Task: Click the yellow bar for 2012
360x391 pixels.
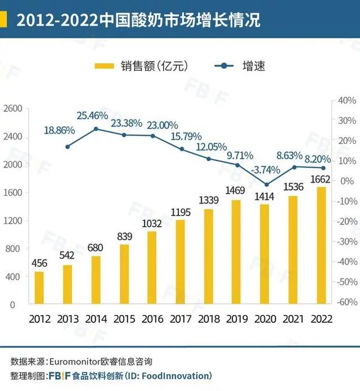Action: click(39, 287)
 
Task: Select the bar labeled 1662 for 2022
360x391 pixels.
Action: click(321, 245)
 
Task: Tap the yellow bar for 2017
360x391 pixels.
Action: click(179, 262)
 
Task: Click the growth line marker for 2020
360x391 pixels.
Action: click(267, 185)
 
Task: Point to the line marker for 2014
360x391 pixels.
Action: click(96, 129)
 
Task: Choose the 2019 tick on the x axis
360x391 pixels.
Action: click(237, 318)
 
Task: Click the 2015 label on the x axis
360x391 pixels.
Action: click(124, 318)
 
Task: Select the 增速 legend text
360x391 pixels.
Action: click(254, 66)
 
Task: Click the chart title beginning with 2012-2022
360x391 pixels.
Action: click(138, 21)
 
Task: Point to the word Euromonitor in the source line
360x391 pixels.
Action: click(77, 361)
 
